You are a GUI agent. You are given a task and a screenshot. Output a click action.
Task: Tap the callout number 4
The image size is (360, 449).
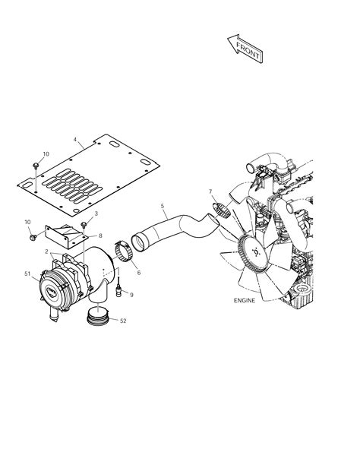point(76,139)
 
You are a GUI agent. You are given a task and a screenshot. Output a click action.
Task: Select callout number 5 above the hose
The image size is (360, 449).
point(162,205)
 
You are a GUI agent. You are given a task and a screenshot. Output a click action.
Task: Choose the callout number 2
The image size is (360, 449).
point(47,251)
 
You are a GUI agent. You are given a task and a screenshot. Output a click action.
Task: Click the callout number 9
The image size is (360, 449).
point(131,295)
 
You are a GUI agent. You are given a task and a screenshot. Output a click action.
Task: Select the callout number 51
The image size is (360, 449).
point(28,274)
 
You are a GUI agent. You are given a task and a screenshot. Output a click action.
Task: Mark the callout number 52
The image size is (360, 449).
point(123,321)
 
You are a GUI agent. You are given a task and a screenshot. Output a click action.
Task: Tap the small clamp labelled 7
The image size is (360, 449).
point(223,210)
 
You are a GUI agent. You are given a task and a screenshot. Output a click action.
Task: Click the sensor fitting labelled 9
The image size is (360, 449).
point(118,286)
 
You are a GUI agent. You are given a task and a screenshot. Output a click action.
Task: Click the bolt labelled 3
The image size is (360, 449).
point(84,226)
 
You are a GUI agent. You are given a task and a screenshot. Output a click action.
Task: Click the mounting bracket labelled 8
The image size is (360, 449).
point(63,237)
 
